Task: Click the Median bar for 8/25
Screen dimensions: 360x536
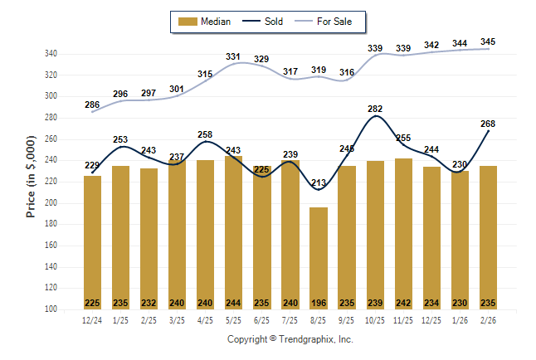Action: point(319,257)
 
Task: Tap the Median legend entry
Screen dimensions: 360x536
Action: point(207,22)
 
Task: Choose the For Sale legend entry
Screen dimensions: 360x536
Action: point(328,22)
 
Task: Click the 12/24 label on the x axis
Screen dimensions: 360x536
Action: point(93,320)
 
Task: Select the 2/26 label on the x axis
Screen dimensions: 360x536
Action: point(488,320)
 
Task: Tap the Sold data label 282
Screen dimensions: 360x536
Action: point(375,109)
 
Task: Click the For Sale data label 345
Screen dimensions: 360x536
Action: point(489,41)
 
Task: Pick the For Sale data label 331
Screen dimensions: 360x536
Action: point(233,56)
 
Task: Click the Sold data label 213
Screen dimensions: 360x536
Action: point(319,182)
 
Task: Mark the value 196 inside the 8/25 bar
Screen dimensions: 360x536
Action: point(319,302)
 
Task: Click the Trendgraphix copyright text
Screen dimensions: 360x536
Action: point(290,339)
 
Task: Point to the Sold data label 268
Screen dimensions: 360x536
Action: point(488,124)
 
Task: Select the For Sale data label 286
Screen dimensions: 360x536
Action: point(92,105)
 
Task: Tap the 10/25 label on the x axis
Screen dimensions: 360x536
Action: point(375,320)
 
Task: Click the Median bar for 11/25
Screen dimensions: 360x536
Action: point(403,232)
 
